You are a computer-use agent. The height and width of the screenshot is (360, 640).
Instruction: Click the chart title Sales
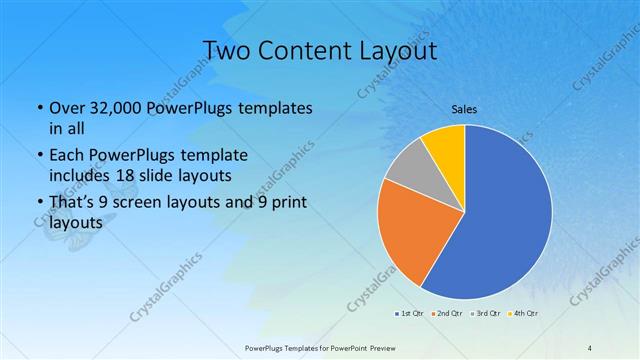pyautogui.click(x=464, y=109)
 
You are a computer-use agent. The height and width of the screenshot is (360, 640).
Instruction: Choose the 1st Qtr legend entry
pyautogui.click(x=410, y=314)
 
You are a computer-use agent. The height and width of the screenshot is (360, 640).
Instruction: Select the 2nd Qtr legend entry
pyautogui.click(x=447, y=314)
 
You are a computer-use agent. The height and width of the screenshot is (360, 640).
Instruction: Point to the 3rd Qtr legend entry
pyautogui.click(x=485, y=314)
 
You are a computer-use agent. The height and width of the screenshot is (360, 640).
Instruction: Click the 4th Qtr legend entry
pyautogui.click(x=523, y=314)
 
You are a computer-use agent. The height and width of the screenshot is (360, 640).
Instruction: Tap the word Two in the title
pyautogui.click(x=223, y=50)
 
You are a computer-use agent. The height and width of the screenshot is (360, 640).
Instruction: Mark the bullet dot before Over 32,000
pyautogui.click(x=39, y=107)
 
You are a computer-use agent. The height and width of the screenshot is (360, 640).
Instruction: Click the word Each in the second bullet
pyautogui.click(x=66, y=156)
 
